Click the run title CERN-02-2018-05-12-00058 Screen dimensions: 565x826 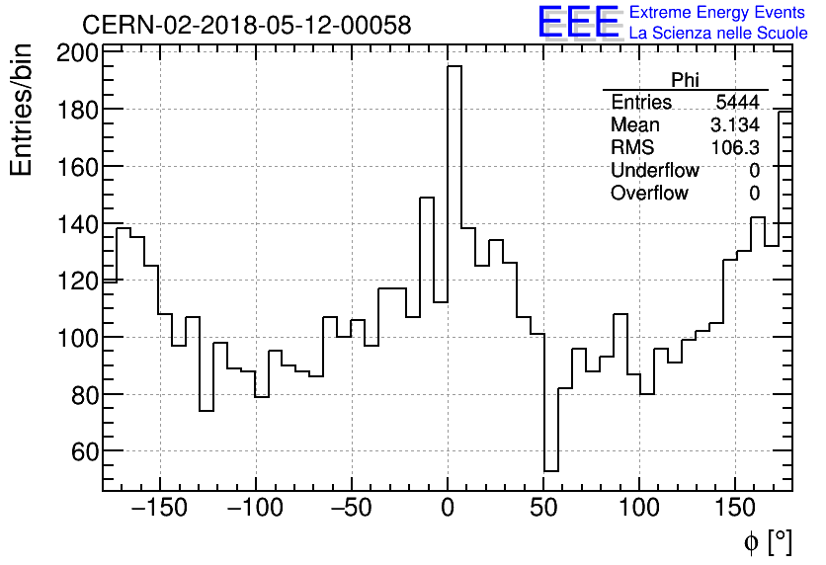247,25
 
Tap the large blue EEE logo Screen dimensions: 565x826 578,23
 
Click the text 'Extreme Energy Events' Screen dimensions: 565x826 718,13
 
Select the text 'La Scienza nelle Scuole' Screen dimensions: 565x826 718,34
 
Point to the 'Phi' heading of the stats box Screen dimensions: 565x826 685,81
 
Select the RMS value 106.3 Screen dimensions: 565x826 735,148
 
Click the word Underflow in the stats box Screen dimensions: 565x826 654,171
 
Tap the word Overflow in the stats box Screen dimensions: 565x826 649,194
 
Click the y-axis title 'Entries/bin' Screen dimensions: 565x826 22,111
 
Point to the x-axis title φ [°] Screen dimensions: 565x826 768,542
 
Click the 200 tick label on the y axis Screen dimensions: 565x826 75,53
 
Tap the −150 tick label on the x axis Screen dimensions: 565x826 158,510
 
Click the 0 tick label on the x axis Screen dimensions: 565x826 448,510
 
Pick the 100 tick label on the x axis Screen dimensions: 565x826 640,510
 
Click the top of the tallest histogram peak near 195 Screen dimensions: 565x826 454,66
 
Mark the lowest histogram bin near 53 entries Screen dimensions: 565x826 551,470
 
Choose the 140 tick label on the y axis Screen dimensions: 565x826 75,224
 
